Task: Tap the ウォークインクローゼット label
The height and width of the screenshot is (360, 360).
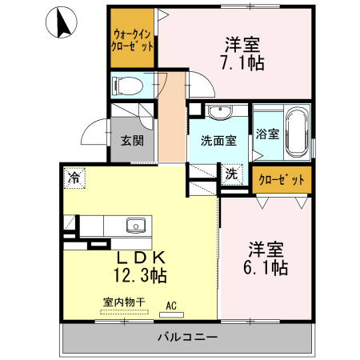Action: point(133,41)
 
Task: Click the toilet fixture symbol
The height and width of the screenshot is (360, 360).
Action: point(130,84)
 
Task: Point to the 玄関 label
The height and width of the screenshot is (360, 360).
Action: point(132,141)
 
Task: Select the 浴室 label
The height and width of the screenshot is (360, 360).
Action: point(268,134)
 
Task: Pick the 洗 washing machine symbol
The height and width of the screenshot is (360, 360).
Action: point(232,174)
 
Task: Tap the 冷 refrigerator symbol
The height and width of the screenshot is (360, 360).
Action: point(74,176)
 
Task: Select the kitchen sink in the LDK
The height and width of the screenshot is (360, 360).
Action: point(136,225)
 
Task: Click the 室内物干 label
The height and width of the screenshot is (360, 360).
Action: point(124,302)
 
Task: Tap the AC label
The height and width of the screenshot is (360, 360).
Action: point(170,305)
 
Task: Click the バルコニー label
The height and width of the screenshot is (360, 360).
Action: point(187,338)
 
